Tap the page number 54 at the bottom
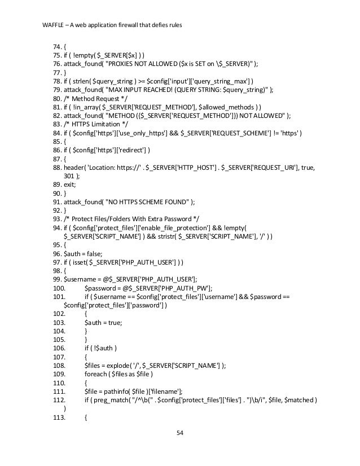(180, 433)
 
